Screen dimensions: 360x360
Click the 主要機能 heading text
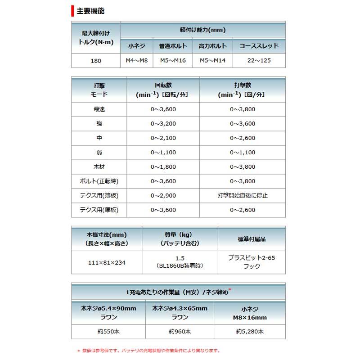[91, 10]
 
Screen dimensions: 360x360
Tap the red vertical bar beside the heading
[72, 10]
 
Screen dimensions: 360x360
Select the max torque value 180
[96, 60]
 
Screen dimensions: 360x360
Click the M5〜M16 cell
[174, 60]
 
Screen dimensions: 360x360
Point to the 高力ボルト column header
[212, 46]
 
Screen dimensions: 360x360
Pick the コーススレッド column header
[259, 46]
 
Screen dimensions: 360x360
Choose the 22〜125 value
[259, 60]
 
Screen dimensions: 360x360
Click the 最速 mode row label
[99, 109]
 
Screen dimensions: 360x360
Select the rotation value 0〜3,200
[163, 123]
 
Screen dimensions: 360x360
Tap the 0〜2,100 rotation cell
[163, 138]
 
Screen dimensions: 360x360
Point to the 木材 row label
[99, 166]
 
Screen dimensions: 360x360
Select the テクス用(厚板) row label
[99, 210]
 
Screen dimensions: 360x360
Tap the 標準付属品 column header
[251, 238]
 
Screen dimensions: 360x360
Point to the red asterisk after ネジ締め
[230, 289]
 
